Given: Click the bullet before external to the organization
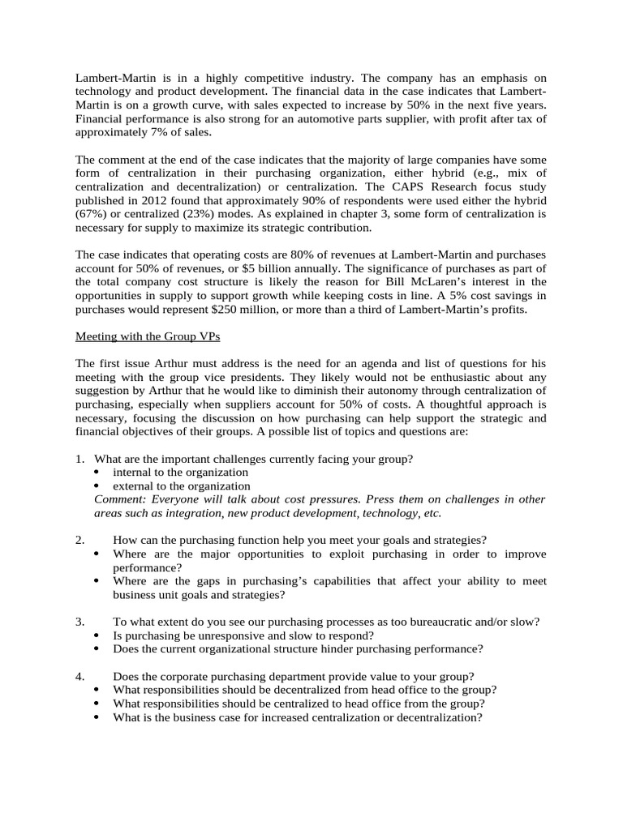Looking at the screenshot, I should (x=98, y=486).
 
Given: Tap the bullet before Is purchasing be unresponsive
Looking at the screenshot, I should (x=98, y=635).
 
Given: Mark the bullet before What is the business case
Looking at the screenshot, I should (x=98, y=717).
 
